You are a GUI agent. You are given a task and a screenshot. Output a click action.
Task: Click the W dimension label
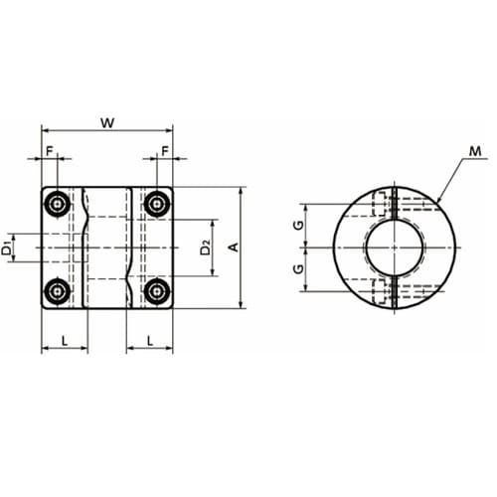click(x=107, y=123)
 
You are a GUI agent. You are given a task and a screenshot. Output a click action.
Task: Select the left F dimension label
click(x=50, y=151)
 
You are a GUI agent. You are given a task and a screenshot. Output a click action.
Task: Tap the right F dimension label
click(x=165, y=151)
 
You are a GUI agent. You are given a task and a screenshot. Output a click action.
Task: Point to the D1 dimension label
click(x=7, y=248)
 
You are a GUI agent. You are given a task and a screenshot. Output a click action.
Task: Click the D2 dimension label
click(x=206, y=248)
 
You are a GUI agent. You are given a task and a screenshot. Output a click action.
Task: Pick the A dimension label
click(x=234, y=248)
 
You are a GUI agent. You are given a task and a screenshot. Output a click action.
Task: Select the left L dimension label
click(x=65, y=340)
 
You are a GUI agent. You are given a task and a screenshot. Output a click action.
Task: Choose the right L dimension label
click(x=150, y=340)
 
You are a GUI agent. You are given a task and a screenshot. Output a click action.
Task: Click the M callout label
click(x=475, y=152)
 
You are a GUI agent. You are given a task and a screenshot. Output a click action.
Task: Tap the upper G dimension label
click(x=299, y=226)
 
